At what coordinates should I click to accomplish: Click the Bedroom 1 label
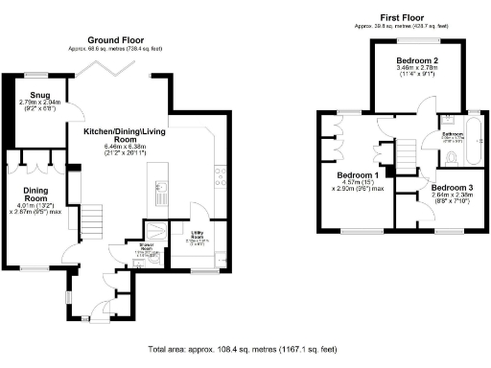click(x=357, y=175)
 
